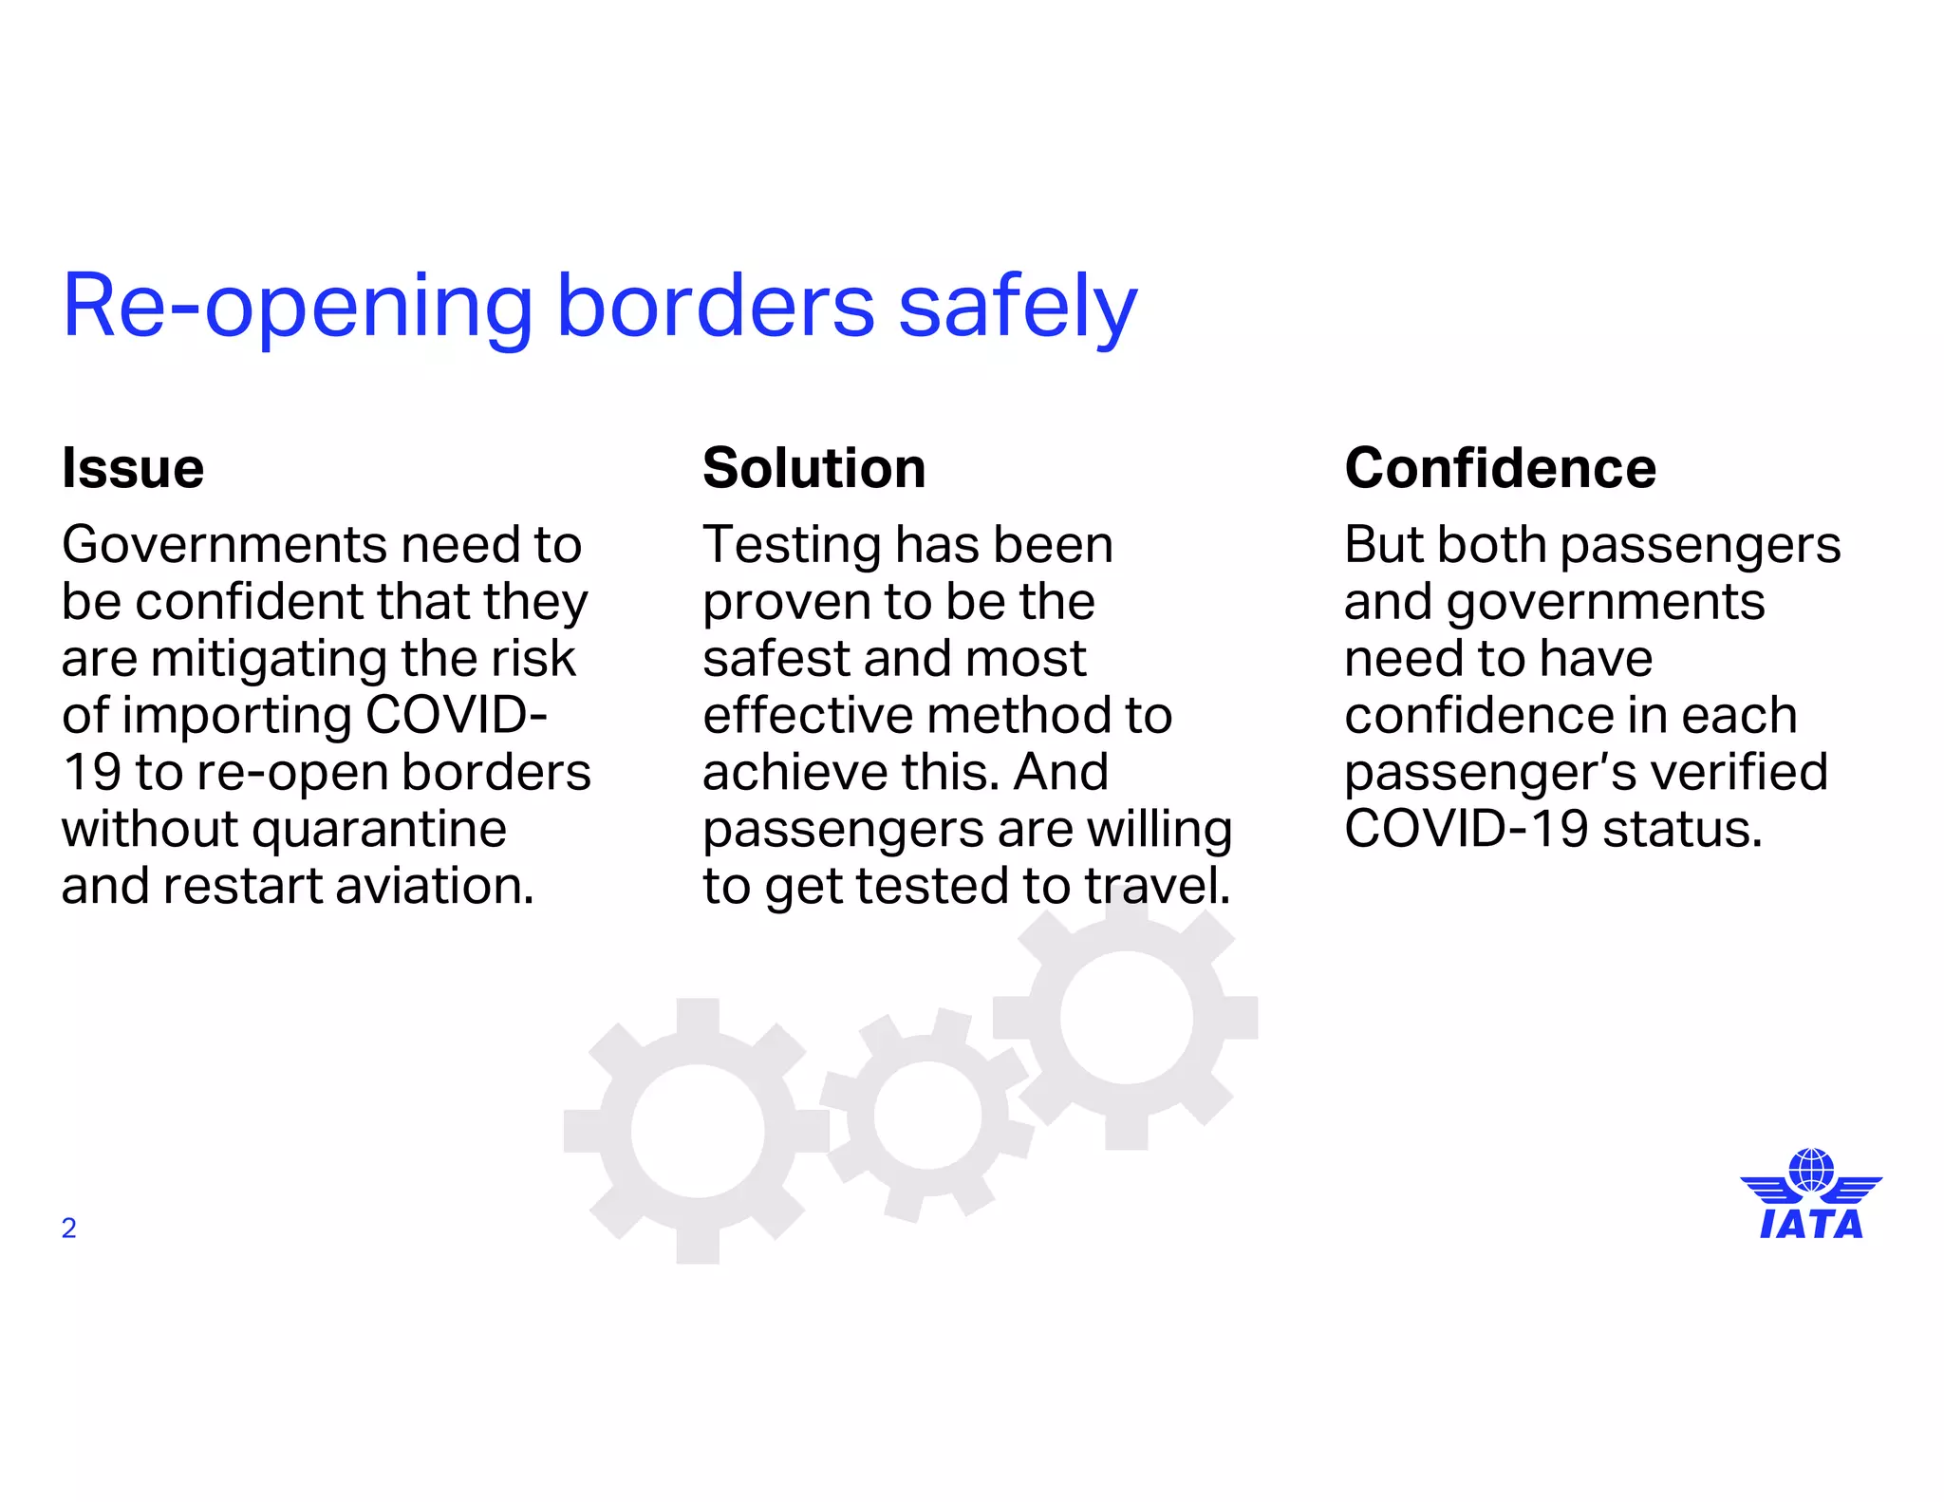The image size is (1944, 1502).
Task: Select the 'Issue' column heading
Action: click(x=133, y=468)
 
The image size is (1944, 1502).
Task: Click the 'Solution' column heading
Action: click(x=813, y=468)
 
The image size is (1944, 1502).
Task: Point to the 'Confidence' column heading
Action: click(x=1500, y=468)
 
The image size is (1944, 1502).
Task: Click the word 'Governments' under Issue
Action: click(x=222, y=545)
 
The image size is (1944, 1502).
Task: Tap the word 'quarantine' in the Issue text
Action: click(x=380, y=830)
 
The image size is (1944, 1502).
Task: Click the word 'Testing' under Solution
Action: click(x=792, y=545)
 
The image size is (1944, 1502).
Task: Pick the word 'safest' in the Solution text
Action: click(x=770, y=659)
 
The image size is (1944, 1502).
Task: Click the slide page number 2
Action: click(x=68, y=1229)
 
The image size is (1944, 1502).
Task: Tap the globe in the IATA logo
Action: click(x=1811, y=1170)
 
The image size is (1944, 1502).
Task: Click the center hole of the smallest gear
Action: click(x=926, y=1116)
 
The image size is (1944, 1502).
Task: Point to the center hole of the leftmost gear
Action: click(x=698, y=1131)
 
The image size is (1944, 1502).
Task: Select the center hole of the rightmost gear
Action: click(x=1126, y=1017)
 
